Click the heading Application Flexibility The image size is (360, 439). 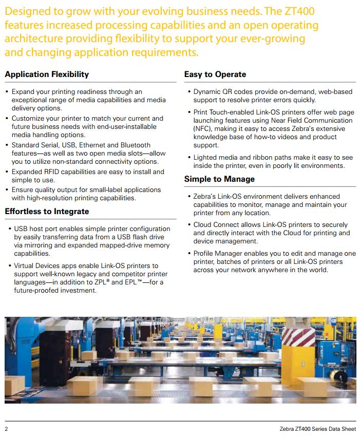47,74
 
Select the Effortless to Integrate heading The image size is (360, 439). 47,212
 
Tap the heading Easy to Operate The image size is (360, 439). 215,74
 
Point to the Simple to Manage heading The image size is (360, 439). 219,179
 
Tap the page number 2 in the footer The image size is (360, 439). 7,429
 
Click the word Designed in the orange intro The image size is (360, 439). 27,12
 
